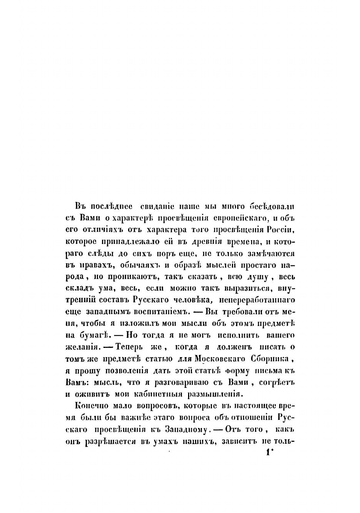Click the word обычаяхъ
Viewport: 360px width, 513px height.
pyautogui.click(x=142, y=266)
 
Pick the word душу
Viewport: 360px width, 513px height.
pyautogui.click(x=253, y=277)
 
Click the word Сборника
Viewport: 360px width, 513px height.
pyautogui.click(x=273, y=359)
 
